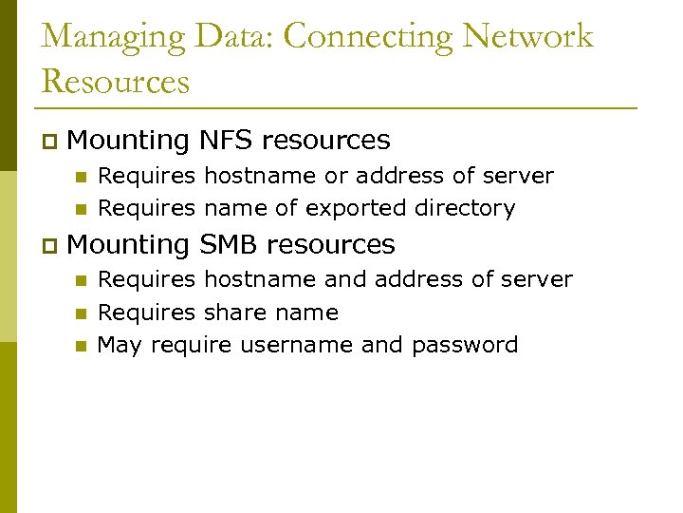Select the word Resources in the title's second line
(116, 81)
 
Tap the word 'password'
(465, 345)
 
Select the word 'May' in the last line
(120, 345)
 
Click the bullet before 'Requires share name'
(82, 313)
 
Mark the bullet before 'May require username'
(82, 346)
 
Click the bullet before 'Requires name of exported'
(82, 209)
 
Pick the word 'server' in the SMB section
(541, 280)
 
